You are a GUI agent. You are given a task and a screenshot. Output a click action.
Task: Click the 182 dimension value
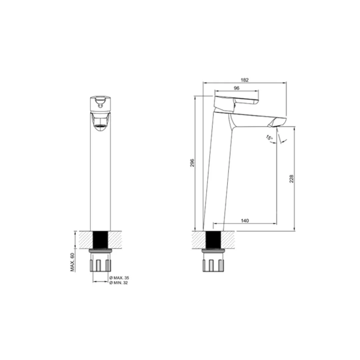pyautogui.click(x=245, y=80)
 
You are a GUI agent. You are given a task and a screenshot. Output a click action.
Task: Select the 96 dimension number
pyautogui.click(x=236, y=88)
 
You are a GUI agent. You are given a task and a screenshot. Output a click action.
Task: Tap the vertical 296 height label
pyautogui.click(x=192, y=163)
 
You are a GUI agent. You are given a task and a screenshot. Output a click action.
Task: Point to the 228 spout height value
pyautogui.click(x=291, y=179)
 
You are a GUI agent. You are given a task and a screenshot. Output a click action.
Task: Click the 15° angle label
pyautogui.click(x=269, y=138)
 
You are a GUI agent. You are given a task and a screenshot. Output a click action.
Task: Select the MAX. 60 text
pyautogui.click(x=73, y=262)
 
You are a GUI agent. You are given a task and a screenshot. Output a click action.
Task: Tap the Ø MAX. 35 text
pyautogui.click(x=119, y=278)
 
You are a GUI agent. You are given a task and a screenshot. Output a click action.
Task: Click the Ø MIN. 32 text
pyautogui.click(x=118, y=283)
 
